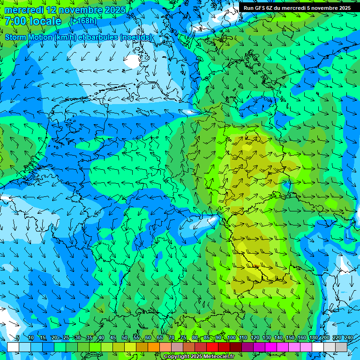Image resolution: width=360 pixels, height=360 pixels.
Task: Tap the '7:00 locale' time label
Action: (x=33, y=21)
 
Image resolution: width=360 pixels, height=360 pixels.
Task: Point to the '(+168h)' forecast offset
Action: (x=83, y=21)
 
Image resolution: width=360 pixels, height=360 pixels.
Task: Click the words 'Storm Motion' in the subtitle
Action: (x=29, y=37)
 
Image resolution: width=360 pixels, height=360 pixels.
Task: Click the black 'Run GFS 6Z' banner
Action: (x=297, y=8)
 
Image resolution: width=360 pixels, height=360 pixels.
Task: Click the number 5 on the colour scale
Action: (x=18, y=337)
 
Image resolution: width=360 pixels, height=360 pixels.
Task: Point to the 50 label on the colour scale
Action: (x=125, y=337)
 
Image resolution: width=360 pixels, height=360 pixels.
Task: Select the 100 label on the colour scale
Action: (x=231, y=337)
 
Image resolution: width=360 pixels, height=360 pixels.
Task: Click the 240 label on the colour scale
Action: (x=348, y=337)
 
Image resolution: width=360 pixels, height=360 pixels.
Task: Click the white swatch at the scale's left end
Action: (x=13, y=347)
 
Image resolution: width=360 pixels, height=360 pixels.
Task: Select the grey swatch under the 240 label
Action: (x=341, y=347)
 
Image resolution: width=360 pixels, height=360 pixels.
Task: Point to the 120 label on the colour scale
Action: (x=255, y=337)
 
